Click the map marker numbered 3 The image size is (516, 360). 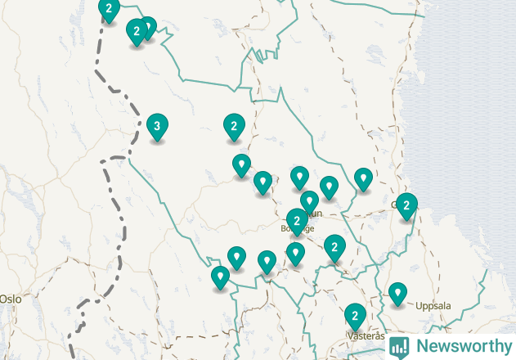(x=157, y=127)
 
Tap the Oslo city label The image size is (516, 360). (x=11, y=299)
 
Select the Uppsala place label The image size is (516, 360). (x=433, y=306)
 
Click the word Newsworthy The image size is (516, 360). (x=463, y=346)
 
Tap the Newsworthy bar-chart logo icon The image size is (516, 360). (x=399, y=346)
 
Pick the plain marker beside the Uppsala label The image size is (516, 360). (x=397, y=292)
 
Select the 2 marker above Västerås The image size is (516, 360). (x=354, y=315)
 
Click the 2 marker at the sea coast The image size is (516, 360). (x=406, y=205)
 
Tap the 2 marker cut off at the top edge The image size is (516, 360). (x=109, y=9)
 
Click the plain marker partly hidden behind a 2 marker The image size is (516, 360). (x=148, y=27)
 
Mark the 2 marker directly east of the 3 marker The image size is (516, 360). (x=234, y=126)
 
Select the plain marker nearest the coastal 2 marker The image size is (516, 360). (x=363, y=178)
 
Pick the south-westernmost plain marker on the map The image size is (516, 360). (x=219, y=277)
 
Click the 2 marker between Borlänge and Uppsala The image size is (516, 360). (x=334, y=246)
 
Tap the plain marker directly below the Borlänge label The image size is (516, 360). (x=296, y=254)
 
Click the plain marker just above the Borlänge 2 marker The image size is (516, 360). (x=309, y=200)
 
